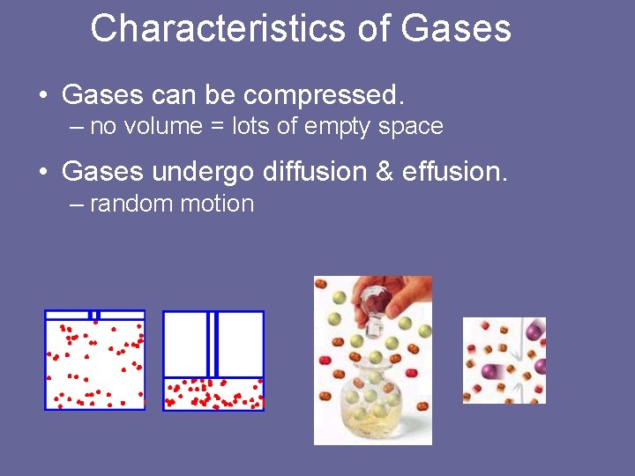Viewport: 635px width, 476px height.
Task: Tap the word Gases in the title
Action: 455,28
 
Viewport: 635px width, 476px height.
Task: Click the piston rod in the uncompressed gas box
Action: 95,315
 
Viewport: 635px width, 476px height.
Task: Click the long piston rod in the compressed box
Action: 213,344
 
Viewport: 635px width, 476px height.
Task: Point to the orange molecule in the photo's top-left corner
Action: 321,284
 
